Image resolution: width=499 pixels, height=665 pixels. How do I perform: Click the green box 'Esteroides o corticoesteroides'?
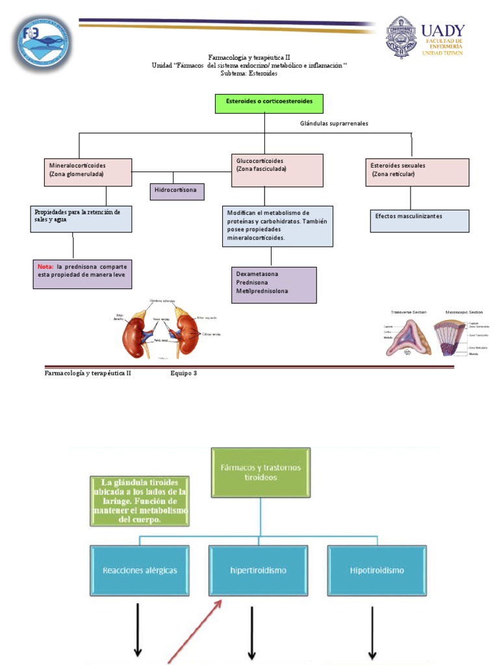click(x=268, y=103)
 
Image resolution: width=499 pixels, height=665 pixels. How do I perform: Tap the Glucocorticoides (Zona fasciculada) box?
click(x=277, y=170)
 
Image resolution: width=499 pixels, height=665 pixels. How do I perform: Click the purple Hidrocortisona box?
click(x=177, y=192)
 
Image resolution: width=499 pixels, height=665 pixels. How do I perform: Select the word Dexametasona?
click(x=257, y=274)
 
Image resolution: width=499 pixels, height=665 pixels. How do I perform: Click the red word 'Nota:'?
click(x=45, y=266)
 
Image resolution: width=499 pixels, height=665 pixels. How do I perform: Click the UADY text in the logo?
click(x=442, y=31)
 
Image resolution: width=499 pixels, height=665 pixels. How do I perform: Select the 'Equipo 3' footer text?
click(x=183, y=373)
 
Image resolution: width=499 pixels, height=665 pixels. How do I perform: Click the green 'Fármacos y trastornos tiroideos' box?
click(x=261, y=472)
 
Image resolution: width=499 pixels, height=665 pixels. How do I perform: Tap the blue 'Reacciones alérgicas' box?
click(x=140, y=571)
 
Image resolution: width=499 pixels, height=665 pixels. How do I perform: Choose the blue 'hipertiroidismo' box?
click(x=259, y=571)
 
